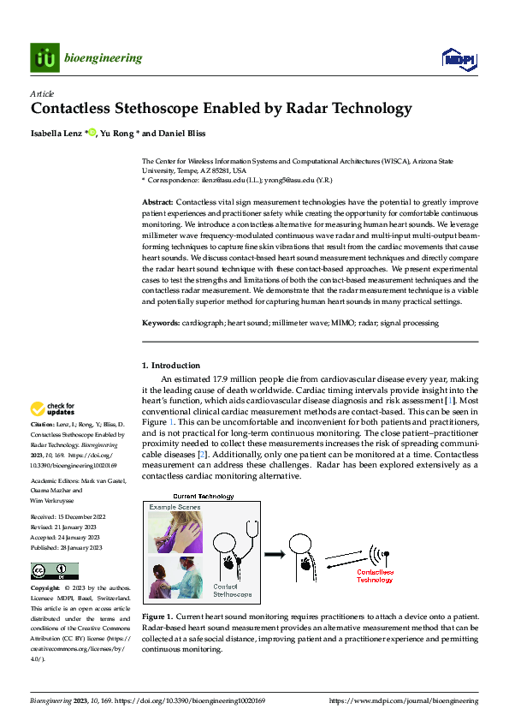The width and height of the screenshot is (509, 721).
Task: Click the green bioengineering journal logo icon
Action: (x=44, y=58)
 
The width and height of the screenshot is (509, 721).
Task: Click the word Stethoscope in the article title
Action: (x=155, y=109)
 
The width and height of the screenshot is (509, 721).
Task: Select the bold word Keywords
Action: (x=160, y=323)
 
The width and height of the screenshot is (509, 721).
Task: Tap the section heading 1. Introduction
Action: (x=171, y=366)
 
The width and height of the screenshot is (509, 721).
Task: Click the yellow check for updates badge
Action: (x=52, y=408)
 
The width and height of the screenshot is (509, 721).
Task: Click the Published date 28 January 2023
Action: (x=79, y=547)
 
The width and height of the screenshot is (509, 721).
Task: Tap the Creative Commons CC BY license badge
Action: (x=55, y=570)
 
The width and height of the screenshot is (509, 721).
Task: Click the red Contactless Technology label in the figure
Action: (x=375, y=575)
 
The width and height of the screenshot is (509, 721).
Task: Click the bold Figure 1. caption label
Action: (x=160, y=617)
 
